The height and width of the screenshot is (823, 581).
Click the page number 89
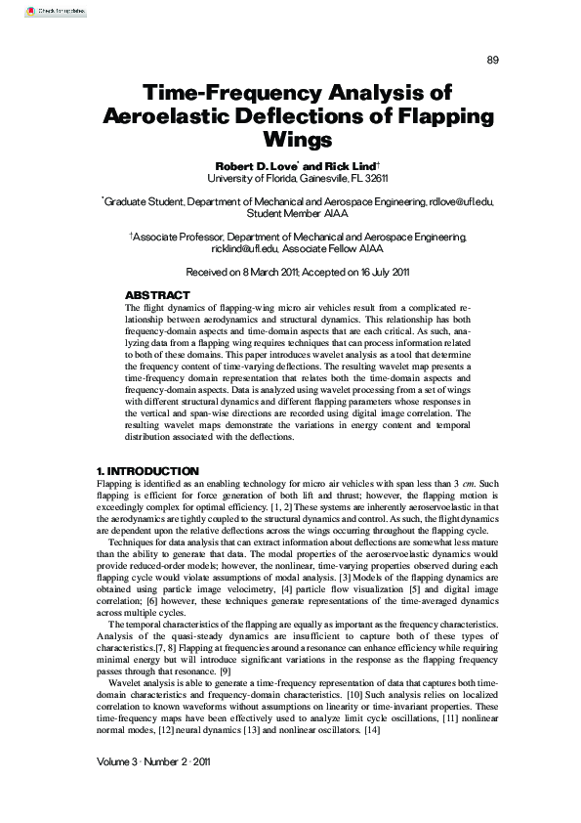point(492,61)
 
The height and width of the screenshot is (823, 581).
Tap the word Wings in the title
point(291,139)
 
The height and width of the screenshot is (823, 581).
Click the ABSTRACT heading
point(157,295)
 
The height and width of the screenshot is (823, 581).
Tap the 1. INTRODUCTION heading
point(148,471)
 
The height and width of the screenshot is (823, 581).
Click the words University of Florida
point(245,178)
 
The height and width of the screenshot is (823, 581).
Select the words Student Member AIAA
point(291,213)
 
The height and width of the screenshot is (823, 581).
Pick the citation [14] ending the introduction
point(371,732)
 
